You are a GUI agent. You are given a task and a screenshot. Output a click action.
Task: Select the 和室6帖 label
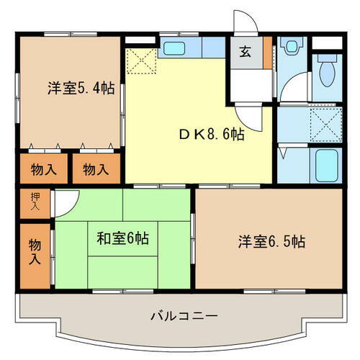tap(124, 239)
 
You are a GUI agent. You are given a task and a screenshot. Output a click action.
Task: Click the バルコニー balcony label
tap(184, 316)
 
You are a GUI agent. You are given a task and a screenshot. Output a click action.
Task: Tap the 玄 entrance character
tap(246, 51)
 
